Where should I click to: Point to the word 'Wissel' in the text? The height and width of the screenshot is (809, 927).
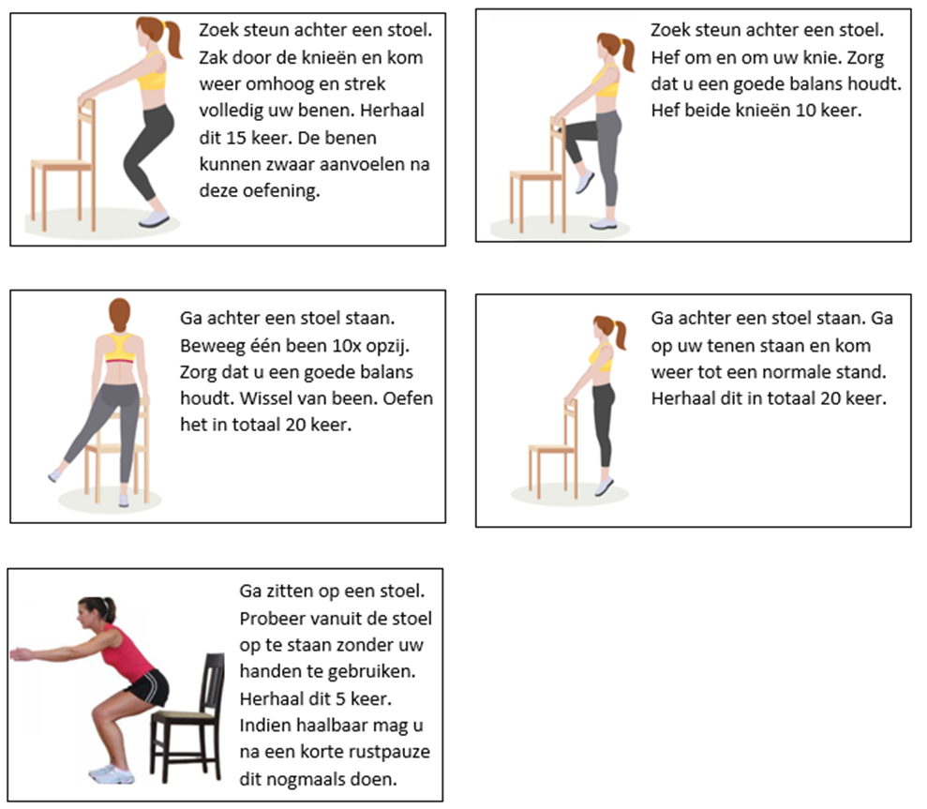point(266,398)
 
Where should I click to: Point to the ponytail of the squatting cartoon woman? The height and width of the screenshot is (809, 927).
point(173,39)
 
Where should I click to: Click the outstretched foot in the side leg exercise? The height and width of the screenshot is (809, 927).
point(55,475)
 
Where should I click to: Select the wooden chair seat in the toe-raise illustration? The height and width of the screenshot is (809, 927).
point(550,449)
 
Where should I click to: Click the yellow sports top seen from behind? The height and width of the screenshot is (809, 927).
point(119,349)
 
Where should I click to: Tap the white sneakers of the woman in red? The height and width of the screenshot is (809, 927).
point(112,774)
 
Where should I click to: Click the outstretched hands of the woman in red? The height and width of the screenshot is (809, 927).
point(22,654)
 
